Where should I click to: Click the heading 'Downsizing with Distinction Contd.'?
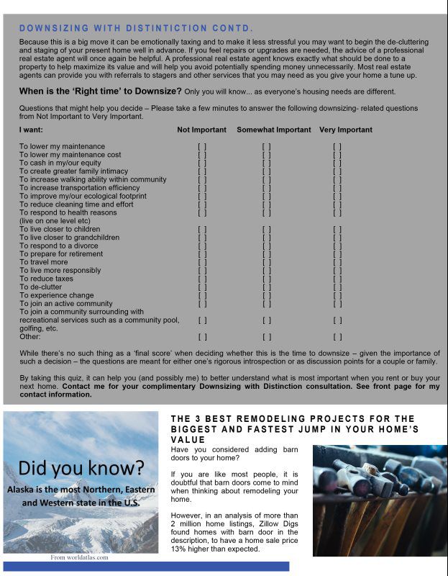(136, 28)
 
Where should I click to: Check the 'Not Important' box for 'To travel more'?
(202, 262)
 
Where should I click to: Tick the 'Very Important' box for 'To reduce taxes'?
(337, 279)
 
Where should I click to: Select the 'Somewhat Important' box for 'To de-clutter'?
(266, 287)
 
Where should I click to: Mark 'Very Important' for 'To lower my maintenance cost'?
(337, 155)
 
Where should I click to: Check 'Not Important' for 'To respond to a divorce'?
(202, 246)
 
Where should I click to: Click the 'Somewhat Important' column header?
(274, 130)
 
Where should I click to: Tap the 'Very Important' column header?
(346, 130)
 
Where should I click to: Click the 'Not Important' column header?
(202, 130)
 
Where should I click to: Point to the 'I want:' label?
(31, 130)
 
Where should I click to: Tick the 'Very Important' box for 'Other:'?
(337, 336)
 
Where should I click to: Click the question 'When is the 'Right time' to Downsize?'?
(100, 91)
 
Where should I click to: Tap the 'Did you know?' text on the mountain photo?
(81, 467)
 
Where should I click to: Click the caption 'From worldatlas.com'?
(79, 557)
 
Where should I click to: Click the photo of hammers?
(379, 500)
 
